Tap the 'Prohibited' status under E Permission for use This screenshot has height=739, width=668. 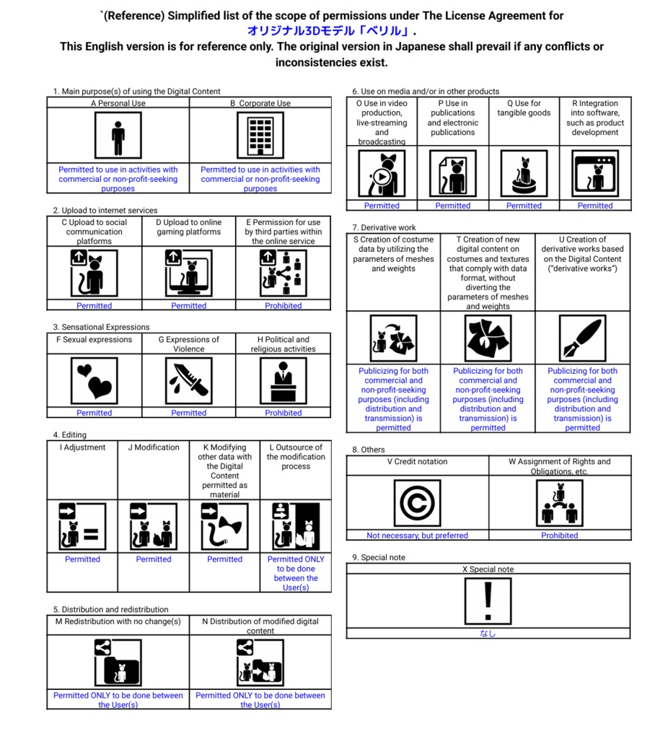283,306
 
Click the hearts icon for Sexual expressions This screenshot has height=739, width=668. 95,380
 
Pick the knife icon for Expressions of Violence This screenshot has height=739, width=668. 189,380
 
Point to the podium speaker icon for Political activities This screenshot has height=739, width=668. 283,380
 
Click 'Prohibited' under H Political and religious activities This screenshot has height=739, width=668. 283,413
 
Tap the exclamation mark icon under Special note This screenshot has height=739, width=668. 488,600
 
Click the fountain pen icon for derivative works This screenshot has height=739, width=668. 582,338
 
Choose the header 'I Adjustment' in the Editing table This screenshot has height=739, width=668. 82,447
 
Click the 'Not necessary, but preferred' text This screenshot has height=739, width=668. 417,535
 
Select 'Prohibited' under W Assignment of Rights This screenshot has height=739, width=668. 560,535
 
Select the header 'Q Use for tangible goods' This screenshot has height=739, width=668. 524,108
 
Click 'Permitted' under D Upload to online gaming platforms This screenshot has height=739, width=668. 189,306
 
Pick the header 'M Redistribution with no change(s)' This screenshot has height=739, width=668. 118,621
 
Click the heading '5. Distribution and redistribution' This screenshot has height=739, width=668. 110,609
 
